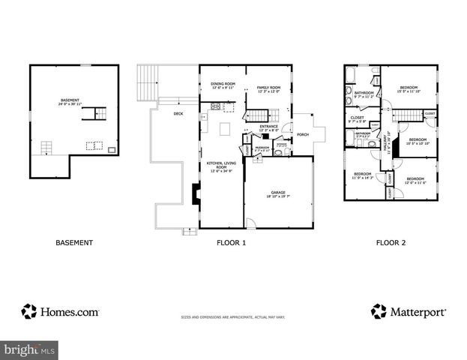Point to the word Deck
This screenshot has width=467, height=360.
pyautogui.click(x=178, y=114)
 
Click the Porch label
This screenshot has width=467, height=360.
pyautogui.click(x=303, y=135)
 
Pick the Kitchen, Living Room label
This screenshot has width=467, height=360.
pyautogui.click(x=220, y=166)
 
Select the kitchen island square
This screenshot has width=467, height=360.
pyautogui.click(x=224, y=128)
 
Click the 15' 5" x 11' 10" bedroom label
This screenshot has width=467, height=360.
pyautogui.click(x=409, y=89)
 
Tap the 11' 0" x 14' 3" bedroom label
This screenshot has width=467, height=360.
pyautogui.click(x=362, y=177)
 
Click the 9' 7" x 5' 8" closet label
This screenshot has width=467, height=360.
pyautogui.click(x=358, y=120)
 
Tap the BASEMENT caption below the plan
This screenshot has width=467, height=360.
pyautogui.click(x=74, y=242)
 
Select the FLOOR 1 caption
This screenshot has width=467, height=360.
pyautogui.click(x=231, y=242)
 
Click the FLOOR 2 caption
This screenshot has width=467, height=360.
pyautogui.click(x=391, y=242)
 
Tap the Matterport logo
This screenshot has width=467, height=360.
pyautogui.click(x=409, y=310)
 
